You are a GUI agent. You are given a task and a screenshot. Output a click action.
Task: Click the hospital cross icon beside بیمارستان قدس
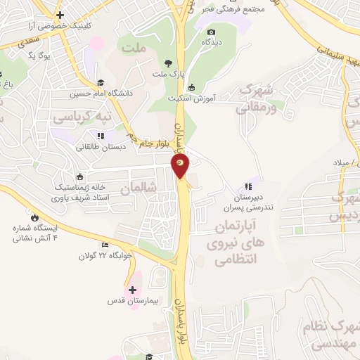click(x=132, y=289)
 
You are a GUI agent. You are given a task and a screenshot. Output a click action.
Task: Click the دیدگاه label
click(x=213, y=43)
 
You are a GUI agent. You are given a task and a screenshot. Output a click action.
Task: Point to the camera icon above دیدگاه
click(x=211, y=32)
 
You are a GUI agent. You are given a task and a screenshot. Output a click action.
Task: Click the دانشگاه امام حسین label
click(x=101, y=93)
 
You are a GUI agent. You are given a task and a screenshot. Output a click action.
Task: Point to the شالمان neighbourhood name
click(x=136, y=188)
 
